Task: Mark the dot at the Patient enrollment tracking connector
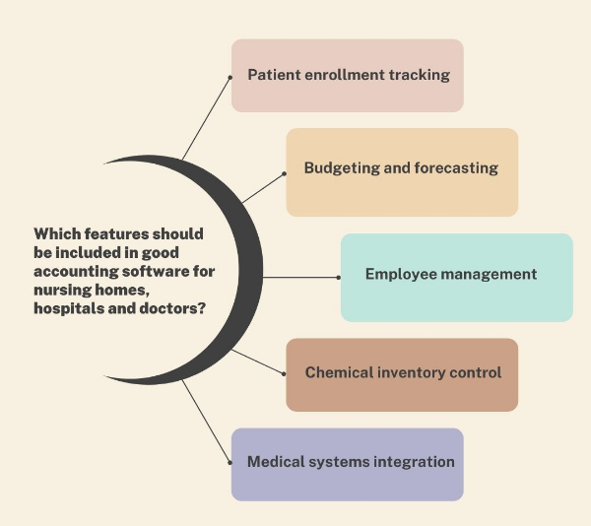pyautogui.click(x=229, y=75)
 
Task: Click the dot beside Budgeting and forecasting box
pyautogui.click(x=284, y=173)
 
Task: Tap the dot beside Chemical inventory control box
pyautogui.click(x=284, y=374)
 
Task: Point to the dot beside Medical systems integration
pyautogui.click(x=229, y=461)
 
